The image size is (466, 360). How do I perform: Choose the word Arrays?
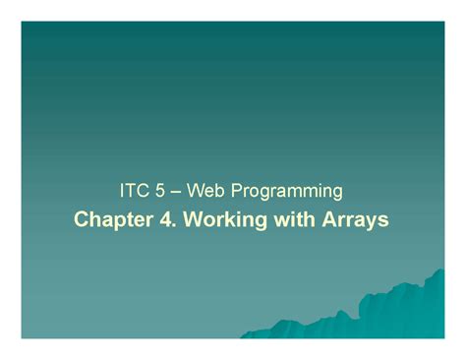click(354, 218)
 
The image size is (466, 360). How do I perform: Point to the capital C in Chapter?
click(83, 217)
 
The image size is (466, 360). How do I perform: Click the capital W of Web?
click(192, 188)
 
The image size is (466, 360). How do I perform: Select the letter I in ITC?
click(121, 188)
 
